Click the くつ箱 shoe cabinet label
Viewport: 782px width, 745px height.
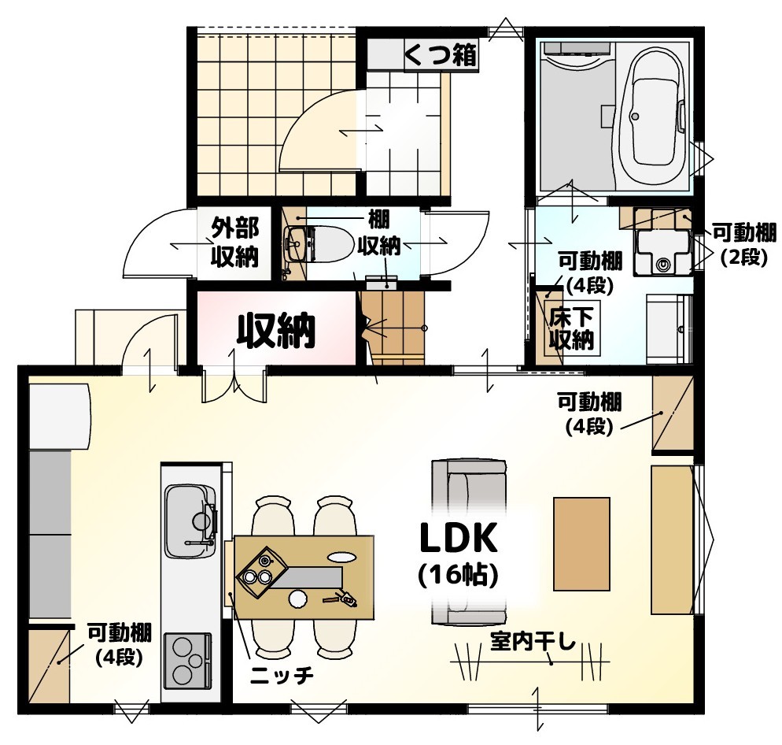(441, 55)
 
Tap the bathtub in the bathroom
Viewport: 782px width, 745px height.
(653, 115)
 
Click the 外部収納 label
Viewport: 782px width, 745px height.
(234, 242)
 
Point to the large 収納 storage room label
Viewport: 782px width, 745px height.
(276, 330)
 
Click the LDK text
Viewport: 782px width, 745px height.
(459, 539)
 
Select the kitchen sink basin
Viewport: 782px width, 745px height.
(190, 521)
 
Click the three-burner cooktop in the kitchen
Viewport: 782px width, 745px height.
(187, 660)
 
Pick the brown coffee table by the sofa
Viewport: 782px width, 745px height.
(581, 543)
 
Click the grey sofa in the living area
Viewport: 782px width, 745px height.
(469, 543)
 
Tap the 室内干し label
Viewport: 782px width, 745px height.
(533, 642)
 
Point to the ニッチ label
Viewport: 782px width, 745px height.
(282, 676)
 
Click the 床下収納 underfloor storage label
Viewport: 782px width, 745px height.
(571, 328)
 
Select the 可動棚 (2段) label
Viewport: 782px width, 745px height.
(744, 245)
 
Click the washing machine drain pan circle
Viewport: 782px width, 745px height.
(662, 264)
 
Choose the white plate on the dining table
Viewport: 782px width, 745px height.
(297, 599)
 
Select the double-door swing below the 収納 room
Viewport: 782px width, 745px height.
(234, 384)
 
